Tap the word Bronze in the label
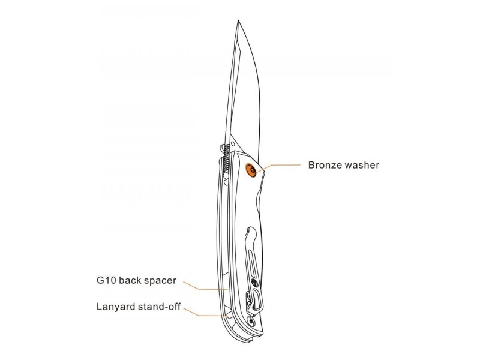[325, 164]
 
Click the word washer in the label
[362, 164]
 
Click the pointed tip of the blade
[237, 22]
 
